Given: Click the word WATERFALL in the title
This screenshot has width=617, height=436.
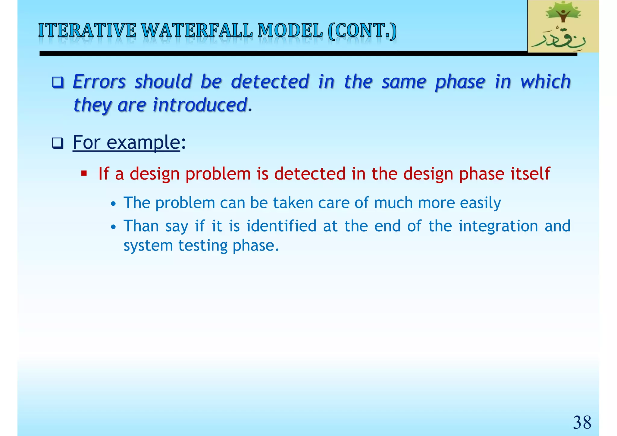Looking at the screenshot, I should tap(196, 31).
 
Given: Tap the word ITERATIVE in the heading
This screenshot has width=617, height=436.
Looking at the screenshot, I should tap(87, 31).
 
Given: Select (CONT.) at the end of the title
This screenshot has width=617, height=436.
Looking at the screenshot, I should tap(362, 31).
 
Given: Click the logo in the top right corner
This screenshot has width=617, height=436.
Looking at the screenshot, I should tap(563, 26).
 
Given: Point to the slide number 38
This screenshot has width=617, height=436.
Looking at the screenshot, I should tap(582, 422).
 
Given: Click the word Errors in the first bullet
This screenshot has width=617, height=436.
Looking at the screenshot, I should tap(99, 82).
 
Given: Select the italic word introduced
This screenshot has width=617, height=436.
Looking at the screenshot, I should tap(200, 105).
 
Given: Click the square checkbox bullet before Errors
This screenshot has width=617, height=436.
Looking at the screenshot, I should tap(58, 82).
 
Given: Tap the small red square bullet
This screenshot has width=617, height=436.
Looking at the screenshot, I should tap(84, 174).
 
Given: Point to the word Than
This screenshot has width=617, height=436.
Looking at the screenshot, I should tap(141, 226).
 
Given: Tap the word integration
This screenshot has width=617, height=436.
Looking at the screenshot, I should tap(498, 226).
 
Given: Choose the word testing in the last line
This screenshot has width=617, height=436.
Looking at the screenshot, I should tap(202, 246).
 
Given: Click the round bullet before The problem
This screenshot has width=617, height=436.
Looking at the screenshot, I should tap(113, 204).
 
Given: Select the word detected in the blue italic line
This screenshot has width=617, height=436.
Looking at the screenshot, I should tap(270, 82).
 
